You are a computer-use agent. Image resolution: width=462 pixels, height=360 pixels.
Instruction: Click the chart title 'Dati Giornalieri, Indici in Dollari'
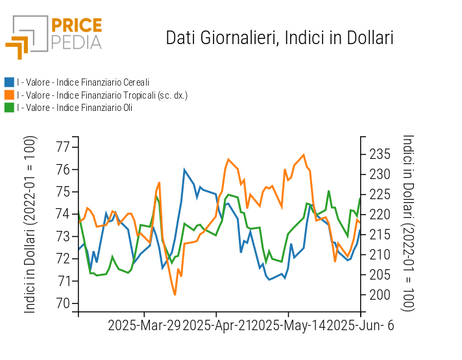coord(280,38)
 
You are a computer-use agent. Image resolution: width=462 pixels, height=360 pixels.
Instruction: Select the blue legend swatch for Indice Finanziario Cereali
coord(9,82)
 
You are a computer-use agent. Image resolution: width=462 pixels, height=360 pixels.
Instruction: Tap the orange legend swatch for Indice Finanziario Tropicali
coord(9,95)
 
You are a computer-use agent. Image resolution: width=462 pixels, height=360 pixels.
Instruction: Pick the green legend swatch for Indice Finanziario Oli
coord(9,108)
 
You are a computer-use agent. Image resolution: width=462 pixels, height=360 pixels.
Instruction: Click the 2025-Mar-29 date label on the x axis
coord(145,326)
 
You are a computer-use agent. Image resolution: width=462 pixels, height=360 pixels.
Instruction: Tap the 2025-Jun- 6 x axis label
coord(360,326)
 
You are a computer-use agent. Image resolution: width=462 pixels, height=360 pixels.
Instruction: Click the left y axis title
coord(30,224)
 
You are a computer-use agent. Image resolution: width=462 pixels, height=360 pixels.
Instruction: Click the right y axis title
coord(408,223)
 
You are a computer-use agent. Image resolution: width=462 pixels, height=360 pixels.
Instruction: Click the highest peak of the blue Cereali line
coord(185,170)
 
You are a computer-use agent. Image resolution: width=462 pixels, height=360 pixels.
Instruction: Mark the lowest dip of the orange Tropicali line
coord(175,294)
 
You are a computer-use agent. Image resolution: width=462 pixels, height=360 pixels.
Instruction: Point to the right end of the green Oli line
coord(360,198)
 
